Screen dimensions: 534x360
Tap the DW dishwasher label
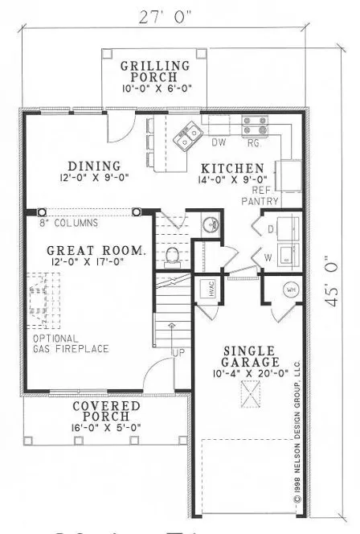click(218, 143)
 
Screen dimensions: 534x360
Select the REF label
click(260, 190)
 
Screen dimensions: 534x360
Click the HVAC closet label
click(204, 294)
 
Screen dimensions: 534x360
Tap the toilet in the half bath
click(171, 255)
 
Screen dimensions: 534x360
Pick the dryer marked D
click(271, 229)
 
